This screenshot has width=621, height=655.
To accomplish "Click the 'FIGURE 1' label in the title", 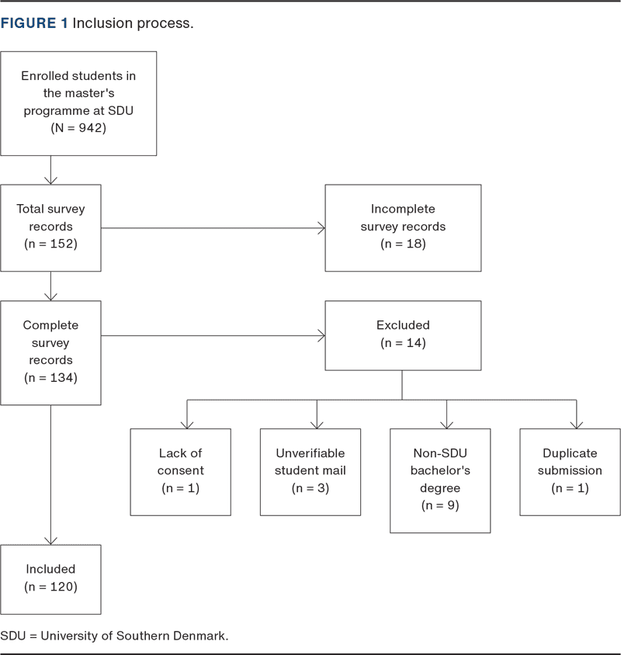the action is [x=34, y=23].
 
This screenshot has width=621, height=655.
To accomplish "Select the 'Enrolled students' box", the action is [x=78, y=103].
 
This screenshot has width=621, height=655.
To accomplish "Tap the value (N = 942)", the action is [x=78, y=128].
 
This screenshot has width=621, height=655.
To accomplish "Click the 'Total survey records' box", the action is [x=50, y=228].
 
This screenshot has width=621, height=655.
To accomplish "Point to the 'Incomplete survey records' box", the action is [x=403, y=228].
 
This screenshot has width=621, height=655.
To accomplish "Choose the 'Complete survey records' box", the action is [x=50, y=353].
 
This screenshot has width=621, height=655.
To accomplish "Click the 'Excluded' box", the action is [x=403, y=335].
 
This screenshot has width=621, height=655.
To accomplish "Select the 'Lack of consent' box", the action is [x=181, y=472].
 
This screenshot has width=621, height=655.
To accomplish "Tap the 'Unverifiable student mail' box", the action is [x=310, y=472].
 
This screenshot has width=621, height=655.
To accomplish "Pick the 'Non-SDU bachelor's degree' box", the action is [x=440, y=481].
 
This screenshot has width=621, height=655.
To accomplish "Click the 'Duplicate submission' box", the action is [x=570, y=472].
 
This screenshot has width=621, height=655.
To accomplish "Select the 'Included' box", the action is [x=50, y=580].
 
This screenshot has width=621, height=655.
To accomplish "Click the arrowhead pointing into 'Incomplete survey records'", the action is [x=322, y=228].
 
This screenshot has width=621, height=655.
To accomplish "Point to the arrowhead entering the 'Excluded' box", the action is [x=322, y=335].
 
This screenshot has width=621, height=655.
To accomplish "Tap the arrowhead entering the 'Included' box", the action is [x=50, y=542].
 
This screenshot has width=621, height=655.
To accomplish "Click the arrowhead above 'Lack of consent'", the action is [x=187, y=425].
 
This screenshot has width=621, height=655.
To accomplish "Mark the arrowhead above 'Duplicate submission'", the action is [x=576, y=425].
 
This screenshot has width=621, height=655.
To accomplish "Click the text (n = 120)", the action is [x=50, y=587].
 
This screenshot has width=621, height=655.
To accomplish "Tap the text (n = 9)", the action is [x=440, y=505].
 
